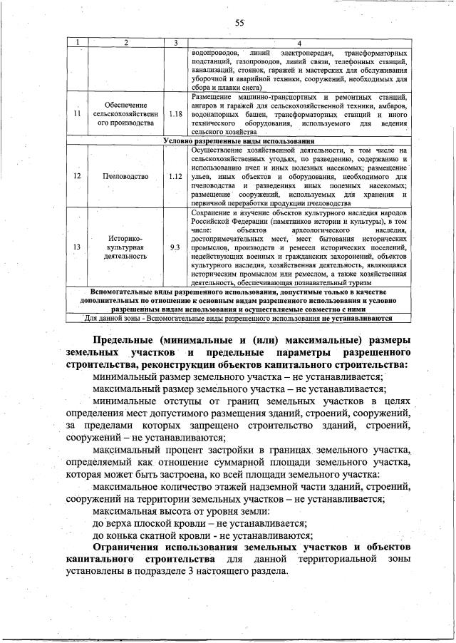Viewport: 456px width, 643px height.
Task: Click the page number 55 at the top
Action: pyautogui.click(x=240, y=24)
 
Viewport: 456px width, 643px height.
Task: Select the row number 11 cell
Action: pyautogui.click(x=76, y=113)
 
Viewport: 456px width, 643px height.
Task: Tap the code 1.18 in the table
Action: pyautogui.click(x=176, y=113)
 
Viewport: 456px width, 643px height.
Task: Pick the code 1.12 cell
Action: pyautogui.click(x=176, y=175)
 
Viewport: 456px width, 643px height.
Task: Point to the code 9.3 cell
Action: pyautogui.click(x=176, y=247)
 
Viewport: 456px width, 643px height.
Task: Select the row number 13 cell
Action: pyautogui.click(x=76, y=247)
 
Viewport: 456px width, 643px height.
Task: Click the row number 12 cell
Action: pyautogui.click(x=76, y=175)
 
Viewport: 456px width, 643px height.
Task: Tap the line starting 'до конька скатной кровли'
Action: pyautogui.click(x=204, y=535)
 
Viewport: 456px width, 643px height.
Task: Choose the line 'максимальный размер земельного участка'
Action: pyautogui.click(x=239, y=389)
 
